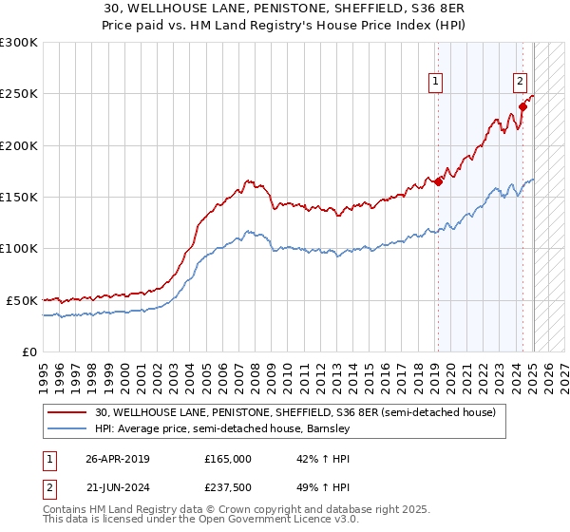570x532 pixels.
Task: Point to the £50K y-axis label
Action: pyautogui.click(x=21, y=300)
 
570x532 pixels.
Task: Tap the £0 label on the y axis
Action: pyautogui.click(x=28, y=351)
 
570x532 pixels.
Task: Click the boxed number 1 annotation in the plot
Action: pyautogui.click(x=435, y=83)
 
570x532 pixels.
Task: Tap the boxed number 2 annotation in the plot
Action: pyautogui.click(x=521, y=83)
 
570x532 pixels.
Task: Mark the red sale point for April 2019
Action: pyautogui.click(x=438, y=182)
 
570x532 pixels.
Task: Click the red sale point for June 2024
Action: pyautogui.click(x=522, y=107)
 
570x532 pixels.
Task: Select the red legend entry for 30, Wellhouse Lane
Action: pyautogui.click(x=295, y=412)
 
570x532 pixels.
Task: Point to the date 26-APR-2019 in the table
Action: pyautogui.click(x=118, y=459)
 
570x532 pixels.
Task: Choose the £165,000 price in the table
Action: pyautogui.click(x=228, y=459)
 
